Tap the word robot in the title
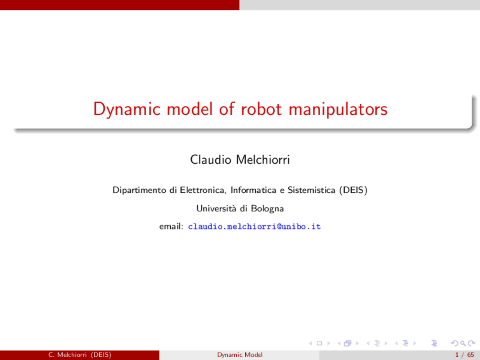point(261,109)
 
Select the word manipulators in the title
point(338,109)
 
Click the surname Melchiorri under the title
point(263,160)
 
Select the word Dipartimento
point(139,190)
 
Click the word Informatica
point(253,190)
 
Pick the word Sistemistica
point(311,190)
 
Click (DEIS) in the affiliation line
point(353,190)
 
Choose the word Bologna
point(267,208)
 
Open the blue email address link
point(254,226)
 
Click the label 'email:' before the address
point(171,226)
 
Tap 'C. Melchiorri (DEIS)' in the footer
point(79,355)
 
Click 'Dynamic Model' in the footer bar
point(240,355)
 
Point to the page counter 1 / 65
point(465,355)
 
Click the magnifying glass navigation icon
point(463,343)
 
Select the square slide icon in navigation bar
point(319,343)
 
